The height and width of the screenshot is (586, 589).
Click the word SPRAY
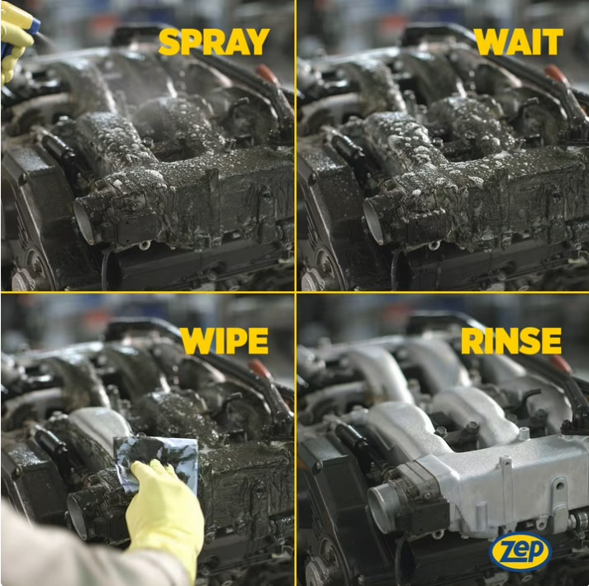(x=214, y=41)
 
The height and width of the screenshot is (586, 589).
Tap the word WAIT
(x=519, y=41)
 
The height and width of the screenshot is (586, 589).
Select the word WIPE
(x=225, y=341)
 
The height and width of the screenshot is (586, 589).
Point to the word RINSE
(x=511, y=341)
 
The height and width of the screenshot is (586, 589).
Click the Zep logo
(x=520, y=552)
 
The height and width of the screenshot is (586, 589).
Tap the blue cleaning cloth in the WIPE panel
(x=158, y=459)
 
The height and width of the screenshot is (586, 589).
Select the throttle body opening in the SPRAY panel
(x=84, y=221)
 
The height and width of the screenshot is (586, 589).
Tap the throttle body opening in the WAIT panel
(x=373, y=222)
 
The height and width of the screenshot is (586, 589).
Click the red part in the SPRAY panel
(x=268, y=74)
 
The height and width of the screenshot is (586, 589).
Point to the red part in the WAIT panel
(x=557, y=74)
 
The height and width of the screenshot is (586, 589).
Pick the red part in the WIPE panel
(x=260, y=369)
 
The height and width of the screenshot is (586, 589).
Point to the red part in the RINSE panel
(x=560, y=364)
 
